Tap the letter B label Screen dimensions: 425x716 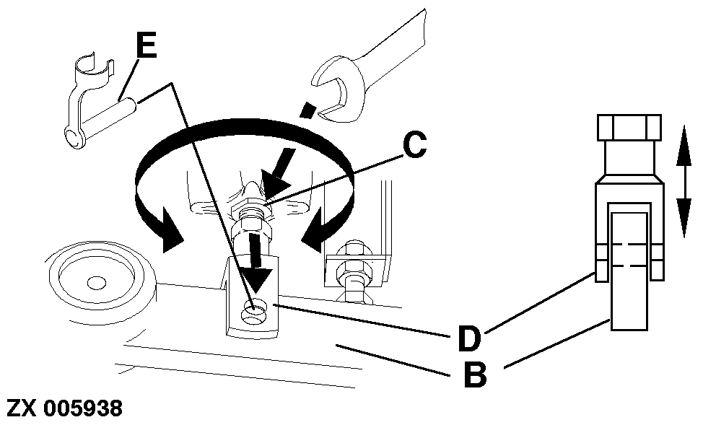pos(473,374)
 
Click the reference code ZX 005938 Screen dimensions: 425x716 pos(64,408)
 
